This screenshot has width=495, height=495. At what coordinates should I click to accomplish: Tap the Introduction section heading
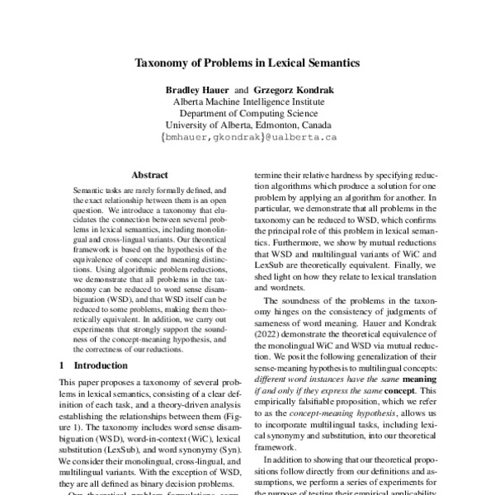pos(101,365)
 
